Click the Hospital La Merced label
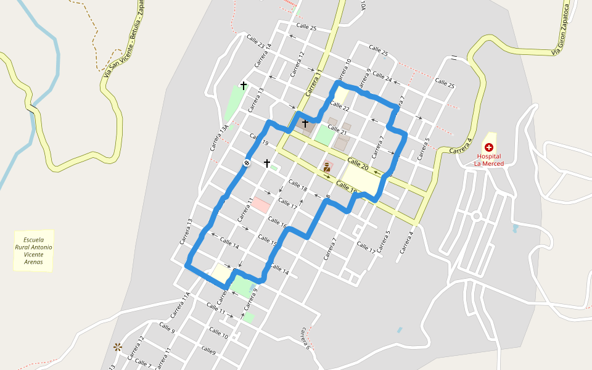488,160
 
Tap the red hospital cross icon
489,147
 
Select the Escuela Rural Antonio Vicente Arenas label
33,250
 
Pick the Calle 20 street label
358,165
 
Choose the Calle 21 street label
337,131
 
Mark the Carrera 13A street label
219,138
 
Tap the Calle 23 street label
255,43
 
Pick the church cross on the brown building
305,124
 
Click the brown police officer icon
327,166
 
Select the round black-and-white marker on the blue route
246,163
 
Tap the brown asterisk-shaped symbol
117,347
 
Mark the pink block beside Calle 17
261,205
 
